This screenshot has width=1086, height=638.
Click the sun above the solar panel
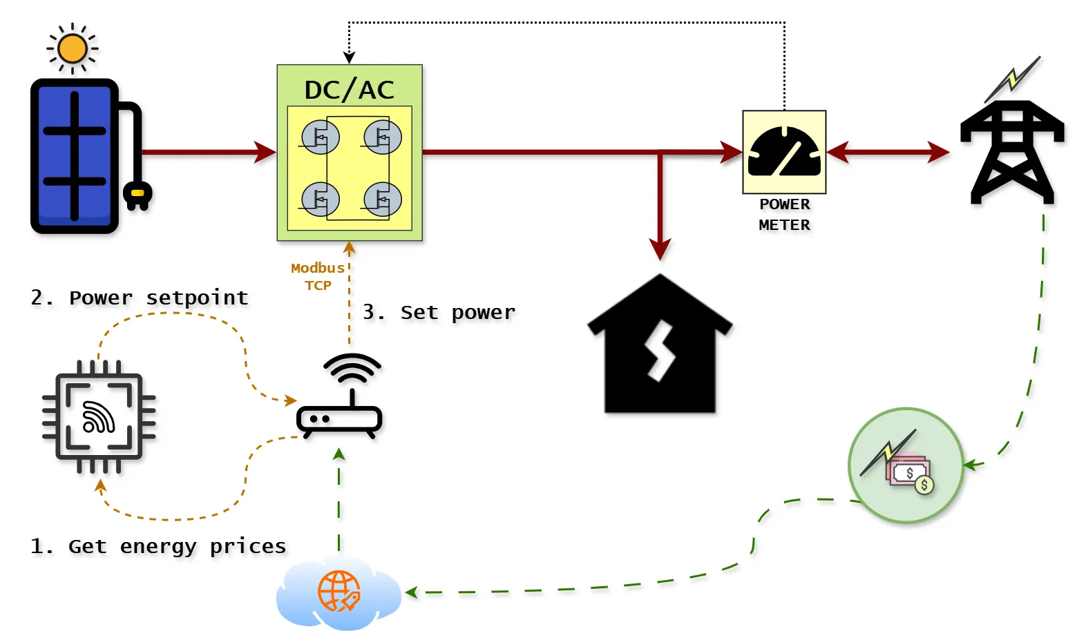click(x=73, y=49)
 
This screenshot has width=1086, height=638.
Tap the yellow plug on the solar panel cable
click(x=137, y=195)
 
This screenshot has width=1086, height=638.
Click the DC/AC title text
click(x=349, y=90)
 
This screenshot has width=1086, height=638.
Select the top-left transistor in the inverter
click(x=320, y=137)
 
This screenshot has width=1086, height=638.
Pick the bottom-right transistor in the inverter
click(x=383, y=200)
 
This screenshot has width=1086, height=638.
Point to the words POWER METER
click(x=784, y=215)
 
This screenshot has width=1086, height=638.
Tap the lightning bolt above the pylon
click(x=1013, y=77)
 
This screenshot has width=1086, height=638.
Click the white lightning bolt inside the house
click(x=660, y=350)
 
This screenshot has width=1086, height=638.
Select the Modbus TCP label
click(x=318, y=276)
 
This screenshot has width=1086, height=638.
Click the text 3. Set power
click(x=439, y=312)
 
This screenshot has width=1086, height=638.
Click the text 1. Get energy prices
click(x=158, y=546)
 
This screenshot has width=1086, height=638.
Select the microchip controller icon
click(x=98, y=417)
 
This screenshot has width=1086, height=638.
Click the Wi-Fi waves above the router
click(x=352, y=368)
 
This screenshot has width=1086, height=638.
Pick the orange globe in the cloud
click(x=339, y=591)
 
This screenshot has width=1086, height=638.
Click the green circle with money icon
click(x=905, y=465)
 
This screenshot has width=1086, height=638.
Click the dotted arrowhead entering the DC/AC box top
click(x=349, y=58)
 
